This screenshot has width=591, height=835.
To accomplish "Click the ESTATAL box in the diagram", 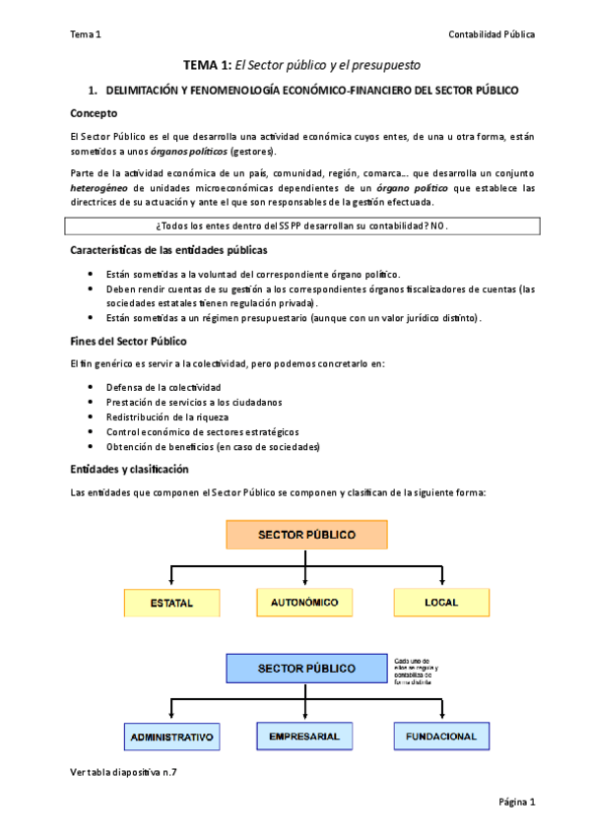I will [171, 603].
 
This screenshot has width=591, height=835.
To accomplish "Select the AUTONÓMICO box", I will [304, 602].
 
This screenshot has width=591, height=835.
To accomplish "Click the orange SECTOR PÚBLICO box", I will [305, 535].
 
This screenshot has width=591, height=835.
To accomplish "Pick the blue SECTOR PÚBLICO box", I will [305, 668].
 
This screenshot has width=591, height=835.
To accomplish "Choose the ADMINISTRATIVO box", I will [171, 737].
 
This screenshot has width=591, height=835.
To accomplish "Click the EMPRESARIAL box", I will [304, 736].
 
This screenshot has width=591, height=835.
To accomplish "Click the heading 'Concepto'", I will [95, 113].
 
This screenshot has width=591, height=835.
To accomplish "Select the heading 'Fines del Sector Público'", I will [123, 341].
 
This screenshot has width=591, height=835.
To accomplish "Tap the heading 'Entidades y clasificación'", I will [129, 469].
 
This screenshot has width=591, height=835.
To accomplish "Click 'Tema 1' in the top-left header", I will [86, 34].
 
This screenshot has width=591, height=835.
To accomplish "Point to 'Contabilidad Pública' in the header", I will [492, 34].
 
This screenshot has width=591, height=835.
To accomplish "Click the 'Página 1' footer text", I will [516, 802].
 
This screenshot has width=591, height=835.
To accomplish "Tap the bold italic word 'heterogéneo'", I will [100, 187].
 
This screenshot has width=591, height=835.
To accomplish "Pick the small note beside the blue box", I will [417, 670].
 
